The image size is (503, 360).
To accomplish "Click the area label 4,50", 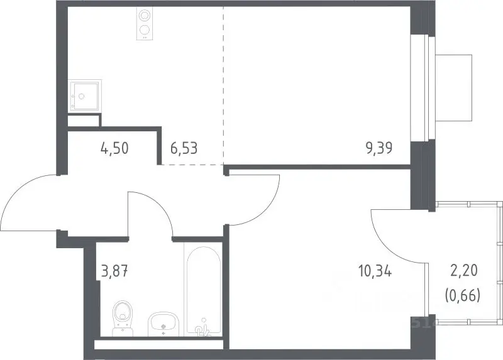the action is tap(114, 148).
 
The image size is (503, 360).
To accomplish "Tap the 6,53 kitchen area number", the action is tap(184, 148).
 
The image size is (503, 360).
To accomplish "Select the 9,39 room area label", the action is tap(379, 148).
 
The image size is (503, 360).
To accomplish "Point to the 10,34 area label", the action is tap(375, 272).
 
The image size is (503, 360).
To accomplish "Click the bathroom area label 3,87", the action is tap(114, 272).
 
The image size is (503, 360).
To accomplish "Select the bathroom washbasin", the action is tap(163, 324).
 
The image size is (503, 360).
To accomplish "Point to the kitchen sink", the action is tap(85, 96).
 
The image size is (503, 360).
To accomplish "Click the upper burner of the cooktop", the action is tap(145, 15).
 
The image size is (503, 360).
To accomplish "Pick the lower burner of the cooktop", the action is tap(145, 30).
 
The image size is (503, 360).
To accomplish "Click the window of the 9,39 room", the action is tap(428, 88).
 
